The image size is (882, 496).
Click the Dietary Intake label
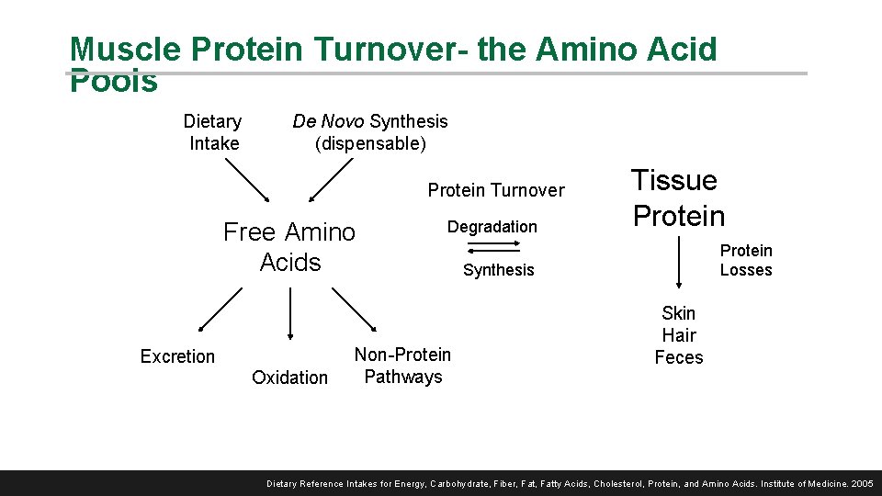tap(213, 132)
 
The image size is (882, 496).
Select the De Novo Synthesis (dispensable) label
tap(370, 132)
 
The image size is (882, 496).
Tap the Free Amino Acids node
tap(289, 247)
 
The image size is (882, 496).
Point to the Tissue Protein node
tap(678, 198)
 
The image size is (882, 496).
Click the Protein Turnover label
tap(496, 190)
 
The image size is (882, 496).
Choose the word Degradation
tap(492, 227)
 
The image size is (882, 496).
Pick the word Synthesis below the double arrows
tap(498, 270)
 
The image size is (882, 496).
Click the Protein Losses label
tap(746, 260)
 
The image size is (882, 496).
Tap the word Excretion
tap(177, 356)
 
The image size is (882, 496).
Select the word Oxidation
tap(289, 378)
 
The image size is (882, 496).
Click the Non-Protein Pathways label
tap(402, 366)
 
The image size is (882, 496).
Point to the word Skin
tap(678, 313)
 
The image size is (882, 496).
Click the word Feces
tap(678, 357)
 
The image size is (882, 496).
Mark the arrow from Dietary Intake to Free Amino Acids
tap(247, 180)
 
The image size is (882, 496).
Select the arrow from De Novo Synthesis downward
tap(331, 180)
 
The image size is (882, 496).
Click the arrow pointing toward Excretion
tap(220, 309)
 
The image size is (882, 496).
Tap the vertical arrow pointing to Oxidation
tap(290, 314)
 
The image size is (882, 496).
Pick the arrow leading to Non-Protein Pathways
tap(355, 310)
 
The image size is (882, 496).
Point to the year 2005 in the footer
tap(862, 483)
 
